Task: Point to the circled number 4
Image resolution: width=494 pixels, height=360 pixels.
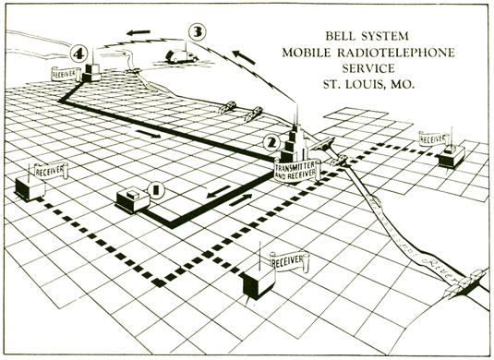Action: [x=80, y=55]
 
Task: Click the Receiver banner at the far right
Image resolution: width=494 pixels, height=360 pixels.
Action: [x=438, y=137]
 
